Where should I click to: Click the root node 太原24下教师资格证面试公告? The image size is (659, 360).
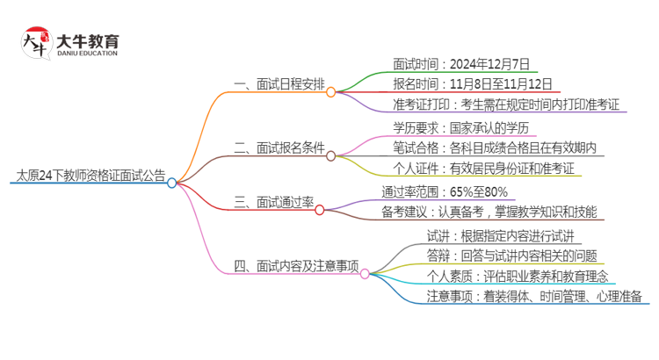pos(90,175)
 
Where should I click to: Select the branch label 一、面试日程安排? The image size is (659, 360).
pos(277,84)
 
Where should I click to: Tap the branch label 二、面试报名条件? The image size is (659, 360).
pos(277,147)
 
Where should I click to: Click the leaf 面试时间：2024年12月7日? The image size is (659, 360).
pos(461,63)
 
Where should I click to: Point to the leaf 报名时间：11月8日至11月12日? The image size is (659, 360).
pos(473,84)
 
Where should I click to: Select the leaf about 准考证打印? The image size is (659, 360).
pos(510,104)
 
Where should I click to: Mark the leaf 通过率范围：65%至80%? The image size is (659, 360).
pos(445,191)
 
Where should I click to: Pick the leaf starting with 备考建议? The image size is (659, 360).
pos(489,212)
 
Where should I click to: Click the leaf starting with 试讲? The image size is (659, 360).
pos(500,234)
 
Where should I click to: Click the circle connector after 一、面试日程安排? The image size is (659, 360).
pos(331,91)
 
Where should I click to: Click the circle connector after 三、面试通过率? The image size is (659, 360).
pos(320,209)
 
